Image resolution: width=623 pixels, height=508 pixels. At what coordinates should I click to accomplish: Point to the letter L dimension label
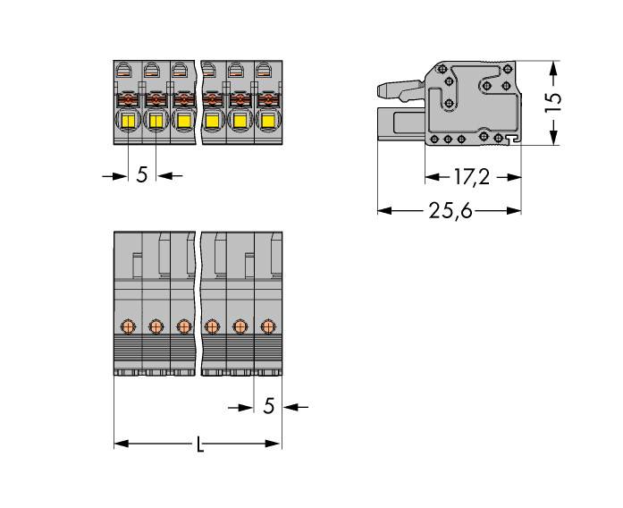(x=199, y=444)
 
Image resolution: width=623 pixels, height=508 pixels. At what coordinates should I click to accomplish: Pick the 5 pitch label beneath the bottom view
(x=268, y=407)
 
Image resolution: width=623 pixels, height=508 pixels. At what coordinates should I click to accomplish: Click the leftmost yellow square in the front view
(x=128, y=121)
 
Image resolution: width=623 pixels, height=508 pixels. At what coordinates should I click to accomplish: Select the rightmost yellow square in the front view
(x=266, y=121)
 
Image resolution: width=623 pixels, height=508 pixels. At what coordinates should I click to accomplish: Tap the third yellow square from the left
(x=183, y=121)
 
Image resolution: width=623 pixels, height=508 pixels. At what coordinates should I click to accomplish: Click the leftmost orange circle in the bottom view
(x=128, y=326)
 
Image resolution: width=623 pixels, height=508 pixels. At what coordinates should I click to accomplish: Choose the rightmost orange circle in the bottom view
(x=267, y=326)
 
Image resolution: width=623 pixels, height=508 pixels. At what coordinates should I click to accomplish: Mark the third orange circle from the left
(x=183, y=326)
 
